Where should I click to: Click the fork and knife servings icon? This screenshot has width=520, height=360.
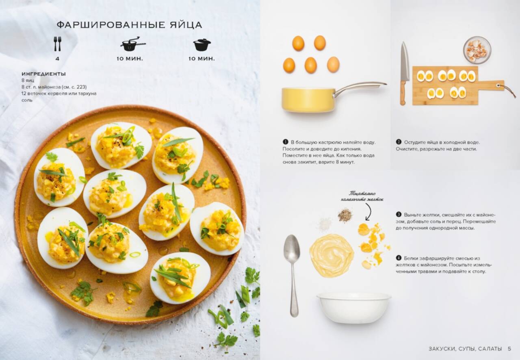point(57,43)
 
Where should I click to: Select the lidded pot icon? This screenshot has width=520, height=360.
point(202,45)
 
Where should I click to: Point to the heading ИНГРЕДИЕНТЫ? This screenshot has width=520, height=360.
point(43,74)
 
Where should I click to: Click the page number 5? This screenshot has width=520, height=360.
point(509,349)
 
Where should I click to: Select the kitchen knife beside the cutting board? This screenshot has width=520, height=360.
point(404,73)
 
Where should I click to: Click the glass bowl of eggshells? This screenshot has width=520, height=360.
point(477,50)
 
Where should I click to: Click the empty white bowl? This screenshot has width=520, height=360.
point(354,307)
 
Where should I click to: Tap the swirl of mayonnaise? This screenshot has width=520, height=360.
point(331,255)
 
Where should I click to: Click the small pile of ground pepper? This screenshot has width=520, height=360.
point(345,215)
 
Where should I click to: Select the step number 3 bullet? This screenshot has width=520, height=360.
point(399,215)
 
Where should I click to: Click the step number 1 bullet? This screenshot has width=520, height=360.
point(285,142)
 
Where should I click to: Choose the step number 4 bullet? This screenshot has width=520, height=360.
point(399,258)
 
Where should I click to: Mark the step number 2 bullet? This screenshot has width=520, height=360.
point(399,142)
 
